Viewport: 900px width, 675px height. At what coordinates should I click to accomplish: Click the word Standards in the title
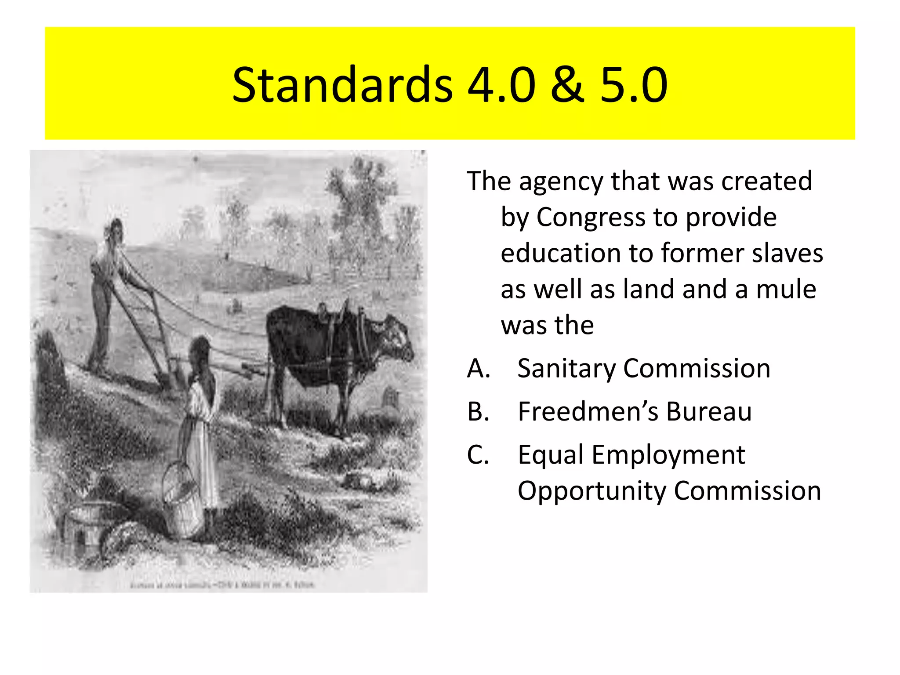tap(342, 84)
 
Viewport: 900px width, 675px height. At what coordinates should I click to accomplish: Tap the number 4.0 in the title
tap(501, 84)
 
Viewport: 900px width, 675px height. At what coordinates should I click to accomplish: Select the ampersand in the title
tap(567, 84)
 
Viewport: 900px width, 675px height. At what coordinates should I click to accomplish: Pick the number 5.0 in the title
tap(634, 84)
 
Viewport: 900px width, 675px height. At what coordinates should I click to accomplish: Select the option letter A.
tap(478, 368)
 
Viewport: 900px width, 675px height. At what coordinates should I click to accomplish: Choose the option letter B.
tap(478, 412)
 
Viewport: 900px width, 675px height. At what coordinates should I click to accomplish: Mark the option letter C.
tap(478, 455)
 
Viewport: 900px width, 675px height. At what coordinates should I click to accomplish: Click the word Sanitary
tap(566, 369)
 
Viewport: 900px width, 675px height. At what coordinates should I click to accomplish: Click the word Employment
tap(668, 455)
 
